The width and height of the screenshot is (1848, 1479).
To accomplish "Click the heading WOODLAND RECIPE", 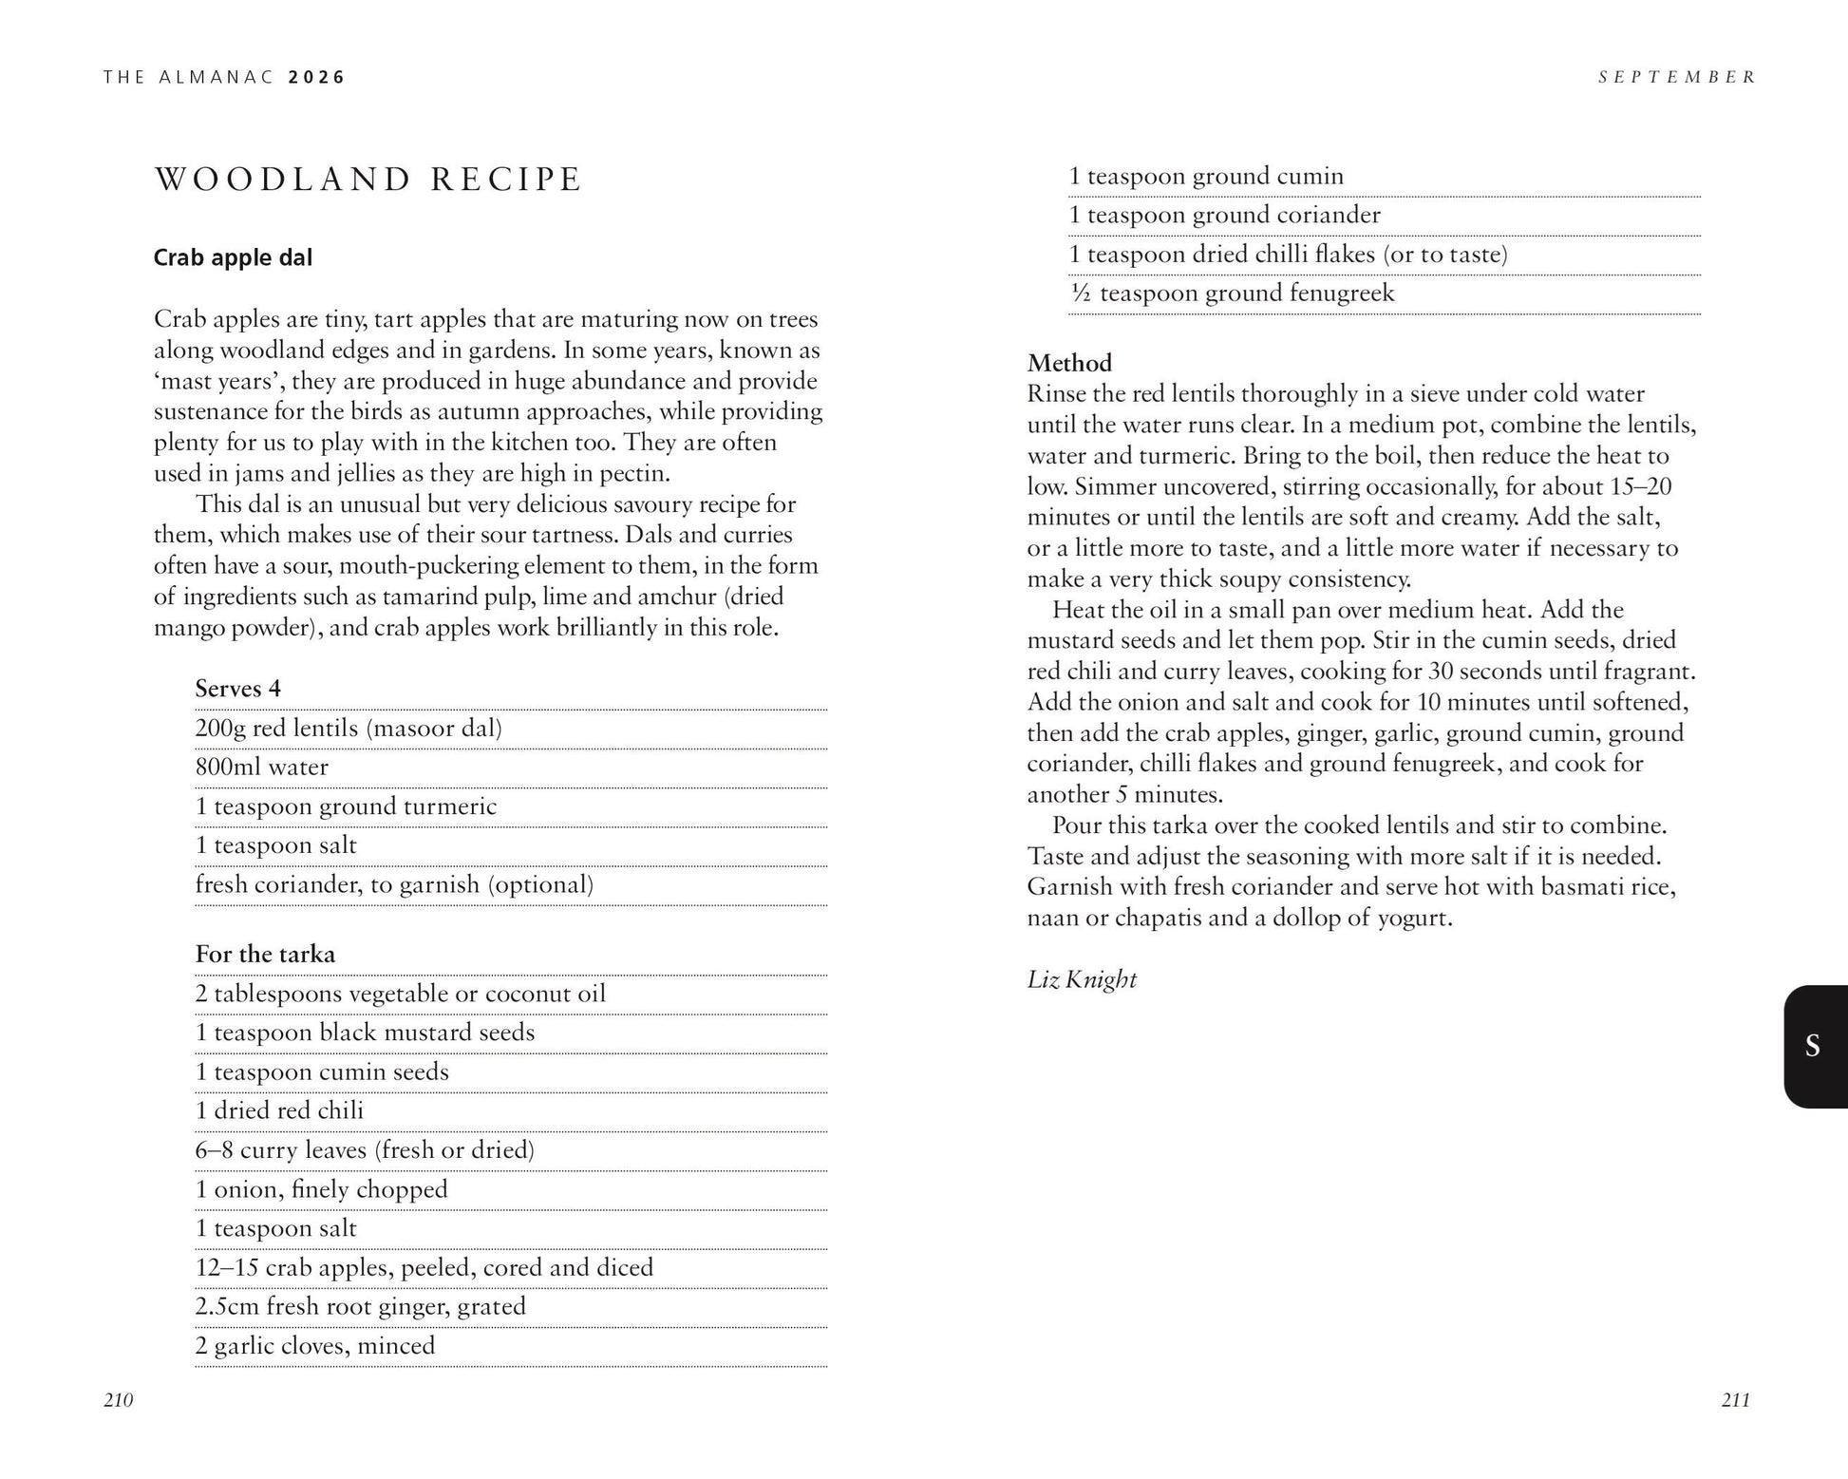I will [368, 180].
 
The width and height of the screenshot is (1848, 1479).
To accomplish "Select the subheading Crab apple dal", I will [233, 257].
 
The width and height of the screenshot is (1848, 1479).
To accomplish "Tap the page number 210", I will [119, 1399].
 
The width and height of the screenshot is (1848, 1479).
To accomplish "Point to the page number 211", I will [1735, 1399].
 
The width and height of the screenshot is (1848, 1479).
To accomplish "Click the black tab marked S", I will [1813, 1046].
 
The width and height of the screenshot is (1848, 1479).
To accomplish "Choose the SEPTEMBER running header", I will [1677, 77].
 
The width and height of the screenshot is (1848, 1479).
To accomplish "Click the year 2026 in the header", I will [318, 77].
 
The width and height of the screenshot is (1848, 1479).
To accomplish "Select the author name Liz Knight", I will [1082, 979].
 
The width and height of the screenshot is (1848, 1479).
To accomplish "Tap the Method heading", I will [1069, 363].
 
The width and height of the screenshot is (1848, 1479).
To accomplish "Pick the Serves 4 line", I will [238, 688].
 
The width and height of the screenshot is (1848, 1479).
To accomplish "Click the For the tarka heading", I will [265, 954].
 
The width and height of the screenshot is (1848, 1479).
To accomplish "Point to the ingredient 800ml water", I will [262, 767].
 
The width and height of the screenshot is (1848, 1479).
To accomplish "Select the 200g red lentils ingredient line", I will [349, 728].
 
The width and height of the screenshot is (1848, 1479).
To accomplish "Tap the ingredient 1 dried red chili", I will [279, 1110].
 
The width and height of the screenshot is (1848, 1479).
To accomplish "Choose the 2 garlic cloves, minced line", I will [315, 1345].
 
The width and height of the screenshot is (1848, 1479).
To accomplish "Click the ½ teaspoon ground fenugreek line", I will [1232, 293].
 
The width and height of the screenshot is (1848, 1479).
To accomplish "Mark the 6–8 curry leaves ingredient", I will [365, 1149].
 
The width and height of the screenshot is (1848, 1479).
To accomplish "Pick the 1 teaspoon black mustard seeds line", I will [365, 1033].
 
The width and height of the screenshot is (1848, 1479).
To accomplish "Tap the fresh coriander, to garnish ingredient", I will [394, 884].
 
